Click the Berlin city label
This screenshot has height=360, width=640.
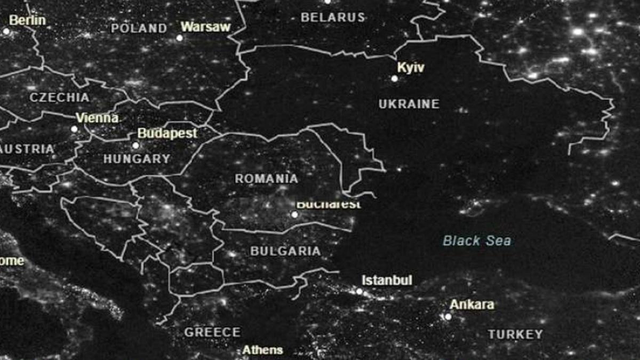click(x=28, y=20)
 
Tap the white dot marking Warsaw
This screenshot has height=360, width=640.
click(x=180, y=38)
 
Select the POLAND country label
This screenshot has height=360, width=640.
click(x=139, y=28)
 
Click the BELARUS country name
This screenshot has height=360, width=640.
click(x=333, y=17)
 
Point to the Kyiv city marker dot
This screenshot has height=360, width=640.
click(x=395, y=78)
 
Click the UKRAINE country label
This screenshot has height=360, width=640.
click(x=409, y=104)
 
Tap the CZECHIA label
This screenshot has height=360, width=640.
click(x=59, y=98)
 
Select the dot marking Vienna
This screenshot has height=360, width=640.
click(x=74, y=129)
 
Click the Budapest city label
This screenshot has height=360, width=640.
click(x=167, y=133)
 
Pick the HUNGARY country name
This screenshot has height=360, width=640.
click(x=137, y=158)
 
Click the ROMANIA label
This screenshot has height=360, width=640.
click(x=266, y=178)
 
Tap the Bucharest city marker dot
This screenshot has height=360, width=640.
click(x=294, y=214)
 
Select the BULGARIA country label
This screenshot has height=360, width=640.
click(x=285, y=251)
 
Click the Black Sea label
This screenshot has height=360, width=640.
click(x=477, y=241)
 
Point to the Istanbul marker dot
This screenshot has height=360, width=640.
click(x=359, y=291)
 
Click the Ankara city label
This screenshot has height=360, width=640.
click(x=471, y=305)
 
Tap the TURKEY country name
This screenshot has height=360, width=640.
click(x=515, y=334)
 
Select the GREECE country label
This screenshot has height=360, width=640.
click(x=212, y=332)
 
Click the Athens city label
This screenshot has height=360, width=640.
click(x=262, y=350)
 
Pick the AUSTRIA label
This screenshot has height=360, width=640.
click(x=28, y=149)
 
